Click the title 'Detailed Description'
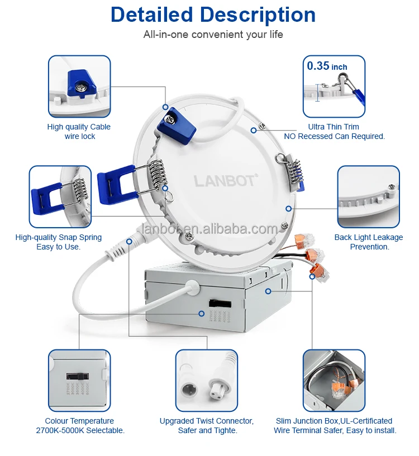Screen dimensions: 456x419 click(x=213, y=15)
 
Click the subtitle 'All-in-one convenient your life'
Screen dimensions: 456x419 click(x=213, y=35)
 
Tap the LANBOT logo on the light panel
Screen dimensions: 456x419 click(x=226, y=180)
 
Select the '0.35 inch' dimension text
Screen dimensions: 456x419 click(x=327, y=66)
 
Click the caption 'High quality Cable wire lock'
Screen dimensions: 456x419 click(x=79, y=132)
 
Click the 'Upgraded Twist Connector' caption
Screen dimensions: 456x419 click(x=206, y=425)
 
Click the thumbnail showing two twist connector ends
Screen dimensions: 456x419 click(x=206, y=380)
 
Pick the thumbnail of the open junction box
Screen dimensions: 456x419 click(x=334, y=380)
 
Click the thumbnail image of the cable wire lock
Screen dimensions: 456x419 click(x=79, y=86)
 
